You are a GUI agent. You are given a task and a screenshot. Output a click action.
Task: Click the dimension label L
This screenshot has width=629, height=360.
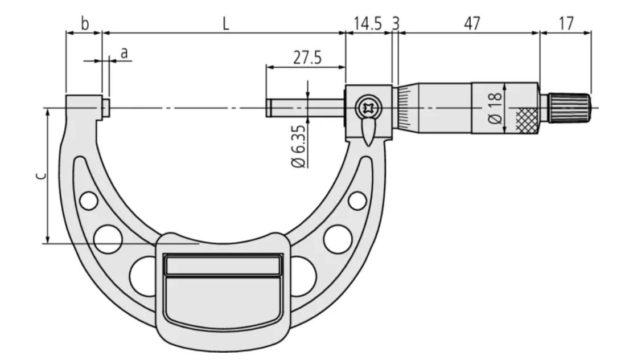point(226,24)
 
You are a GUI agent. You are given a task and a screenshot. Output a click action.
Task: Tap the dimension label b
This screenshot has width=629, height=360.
point(85,24)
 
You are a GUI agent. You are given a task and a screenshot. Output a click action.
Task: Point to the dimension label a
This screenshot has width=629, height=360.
point(124,53)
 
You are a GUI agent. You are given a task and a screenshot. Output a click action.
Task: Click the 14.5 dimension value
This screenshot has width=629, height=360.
point(368,24)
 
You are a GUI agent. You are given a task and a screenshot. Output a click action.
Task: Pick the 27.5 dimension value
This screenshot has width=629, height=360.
point(307,58)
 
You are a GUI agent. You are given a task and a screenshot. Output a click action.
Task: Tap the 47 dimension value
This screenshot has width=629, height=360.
point(472,24)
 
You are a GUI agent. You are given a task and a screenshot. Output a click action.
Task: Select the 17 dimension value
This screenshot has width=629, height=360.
point(566,24)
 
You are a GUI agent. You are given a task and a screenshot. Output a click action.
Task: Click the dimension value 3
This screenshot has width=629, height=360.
point(396,24)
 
